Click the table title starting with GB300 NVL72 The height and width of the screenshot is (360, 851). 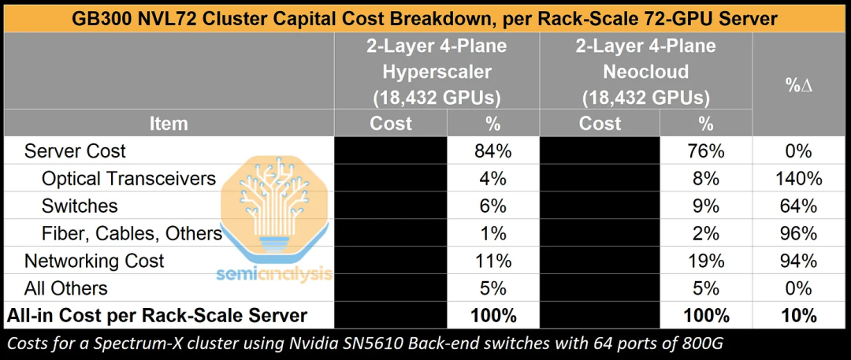tap(425, 18)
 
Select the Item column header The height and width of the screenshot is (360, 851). tap(168, 123)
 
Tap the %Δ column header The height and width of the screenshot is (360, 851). tap(800, 86)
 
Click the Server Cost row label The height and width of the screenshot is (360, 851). tap(75, 151)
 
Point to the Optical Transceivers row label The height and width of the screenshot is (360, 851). tap(128, 178)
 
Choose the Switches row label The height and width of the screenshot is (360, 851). tap(80, 206)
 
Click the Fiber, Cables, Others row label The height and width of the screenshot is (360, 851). tap(132, 233)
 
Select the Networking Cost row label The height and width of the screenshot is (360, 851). tap(94, 261)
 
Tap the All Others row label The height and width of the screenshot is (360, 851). tap(65, 288)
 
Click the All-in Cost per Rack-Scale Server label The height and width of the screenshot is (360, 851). tap(157, 315)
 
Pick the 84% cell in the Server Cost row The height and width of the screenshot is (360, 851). tap(492, 151)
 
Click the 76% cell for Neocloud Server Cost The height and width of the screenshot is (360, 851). tap(705, 151)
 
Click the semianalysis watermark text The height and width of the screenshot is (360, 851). tap(274, 273)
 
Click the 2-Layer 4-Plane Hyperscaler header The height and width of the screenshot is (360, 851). tap(437, 72)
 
